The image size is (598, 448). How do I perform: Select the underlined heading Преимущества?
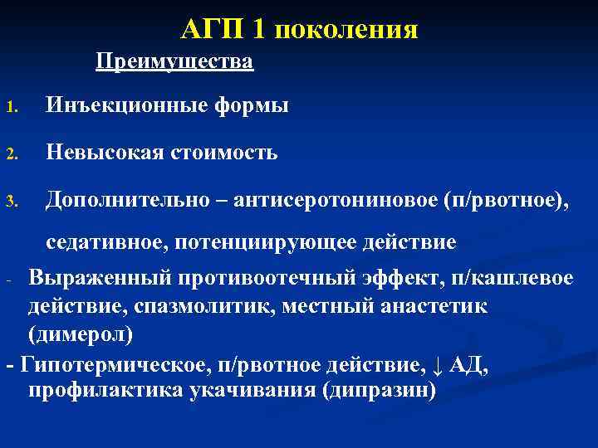(x=174, y=61)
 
